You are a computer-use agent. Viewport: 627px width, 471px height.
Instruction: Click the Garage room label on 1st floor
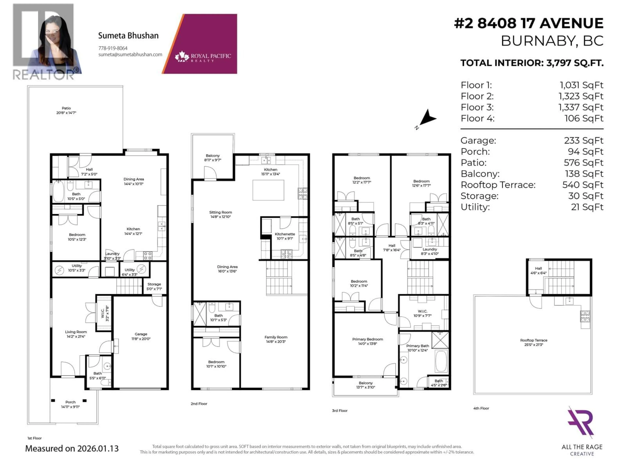pyautogui.click(x=141, y=336)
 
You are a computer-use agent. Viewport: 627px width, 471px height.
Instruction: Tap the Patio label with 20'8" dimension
pyautogui.click(x=66, y=110)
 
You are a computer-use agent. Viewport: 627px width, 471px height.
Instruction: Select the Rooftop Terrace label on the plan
pyautogui.click(x=533, y=342)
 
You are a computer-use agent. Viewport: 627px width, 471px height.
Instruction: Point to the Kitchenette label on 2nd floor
pyautogui.click(x=285, y=236)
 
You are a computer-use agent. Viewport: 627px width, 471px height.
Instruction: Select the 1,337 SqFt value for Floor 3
pyautogui.click(x=580, y=107)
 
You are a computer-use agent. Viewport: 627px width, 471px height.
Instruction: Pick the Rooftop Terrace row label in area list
pyautogui.click(x=498, y=185)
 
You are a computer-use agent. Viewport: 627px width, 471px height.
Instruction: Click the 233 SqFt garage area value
pyautogui.click(x=583, y=140)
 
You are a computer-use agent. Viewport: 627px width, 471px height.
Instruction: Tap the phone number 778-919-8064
pyautogui.click(x=113, y=48)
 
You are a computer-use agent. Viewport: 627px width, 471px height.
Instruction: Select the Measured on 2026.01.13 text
pyautogui.click(x=72, y=449)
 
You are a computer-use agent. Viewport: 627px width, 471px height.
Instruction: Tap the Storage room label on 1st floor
pyautogui.click(x=154, y=286)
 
